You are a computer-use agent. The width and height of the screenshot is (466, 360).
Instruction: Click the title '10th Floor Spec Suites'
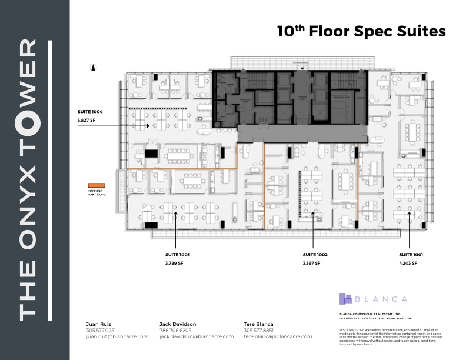click(x=361, y=31)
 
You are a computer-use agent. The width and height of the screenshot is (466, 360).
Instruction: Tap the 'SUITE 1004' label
click(x=90, y=111)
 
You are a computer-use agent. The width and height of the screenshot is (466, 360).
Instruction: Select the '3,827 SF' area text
click(x=87, y=119)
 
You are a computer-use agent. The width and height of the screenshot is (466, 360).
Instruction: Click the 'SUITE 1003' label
click(x=178, y=254)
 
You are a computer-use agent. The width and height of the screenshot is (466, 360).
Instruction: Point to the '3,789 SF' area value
click(x=175, y=263)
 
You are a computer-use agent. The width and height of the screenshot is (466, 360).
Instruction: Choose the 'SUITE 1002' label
click(x=315, y=254)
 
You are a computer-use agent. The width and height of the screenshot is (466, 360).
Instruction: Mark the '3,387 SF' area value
click(x=312, y=263)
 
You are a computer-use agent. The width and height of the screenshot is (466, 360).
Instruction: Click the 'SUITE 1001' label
click(x=411, y=254)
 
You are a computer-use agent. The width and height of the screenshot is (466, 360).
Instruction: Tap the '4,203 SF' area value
click(x=408, y=263)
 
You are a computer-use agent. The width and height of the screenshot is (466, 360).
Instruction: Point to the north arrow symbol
click(x=93, y=67)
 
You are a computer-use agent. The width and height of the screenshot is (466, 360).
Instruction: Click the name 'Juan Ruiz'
click(x=98, y=324)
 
